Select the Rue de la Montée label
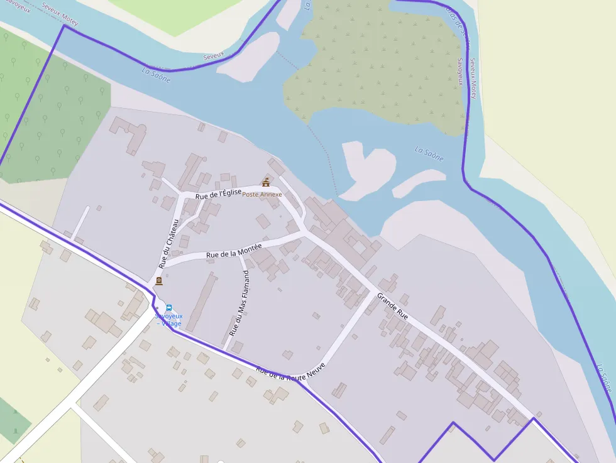[234, 250]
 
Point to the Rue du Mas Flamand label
[239, 303]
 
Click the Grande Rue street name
[393, 305]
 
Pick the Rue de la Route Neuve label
[290, 373]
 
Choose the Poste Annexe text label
[262, 195]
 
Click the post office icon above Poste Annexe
[266, 182]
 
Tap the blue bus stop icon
[168, 307]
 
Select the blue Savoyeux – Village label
[168, 320]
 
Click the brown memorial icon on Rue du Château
[158, 281]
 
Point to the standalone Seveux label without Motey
[214, 56]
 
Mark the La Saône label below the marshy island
[429, 154]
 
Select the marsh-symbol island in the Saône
[377, 63]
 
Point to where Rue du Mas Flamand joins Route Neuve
[225, 349]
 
